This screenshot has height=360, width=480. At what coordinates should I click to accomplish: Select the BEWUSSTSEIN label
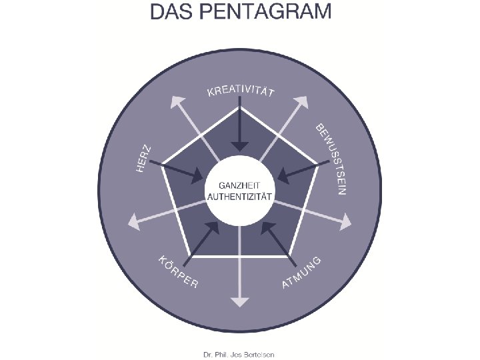(x=331, y=158)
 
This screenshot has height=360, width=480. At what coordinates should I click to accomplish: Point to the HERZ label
(x=144, y=160)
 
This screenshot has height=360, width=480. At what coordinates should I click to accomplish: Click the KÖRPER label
(x=177, y=272)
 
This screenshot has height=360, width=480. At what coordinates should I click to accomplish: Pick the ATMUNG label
(x=302, y=271)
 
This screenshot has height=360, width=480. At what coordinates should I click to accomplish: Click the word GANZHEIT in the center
(x=240, y=185)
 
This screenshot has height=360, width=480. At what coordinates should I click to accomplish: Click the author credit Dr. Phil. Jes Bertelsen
(x=240, y=354)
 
